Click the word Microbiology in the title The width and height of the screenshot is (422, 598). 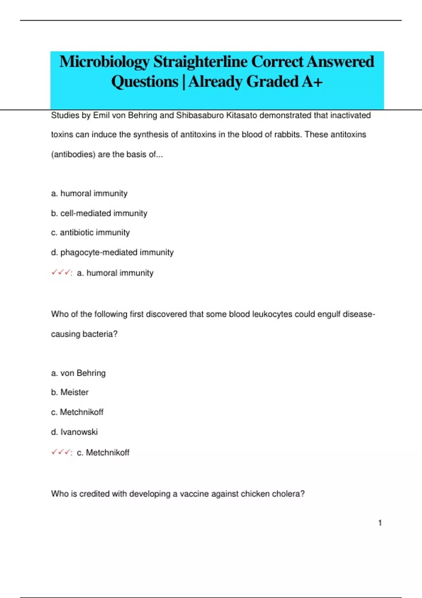(x=104, y=62)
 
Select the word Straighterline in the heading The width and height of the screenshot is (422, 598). (x=200, y=62)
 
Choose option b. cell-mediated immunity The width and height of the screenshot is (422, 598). (x=99, y=213)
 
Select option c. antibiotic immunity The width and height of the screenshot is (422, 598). (x=90, y=233)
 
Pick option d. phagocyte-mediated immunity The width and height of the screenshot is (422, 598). (x=112, y=252)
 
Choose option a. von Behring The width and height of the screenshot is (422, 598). (x=78, y=373)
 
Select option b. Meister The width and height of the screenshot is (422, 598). (x=70, y=392)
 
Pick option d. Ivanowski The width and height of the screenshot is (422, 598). (x=74, y=432)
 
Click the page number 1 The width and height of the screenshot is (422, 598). (x=380, y=523)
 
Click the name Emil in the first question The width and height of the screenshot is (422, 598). (x=101, y=115)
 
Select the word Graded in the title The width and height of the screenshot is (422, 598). (x=272, y=82)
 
